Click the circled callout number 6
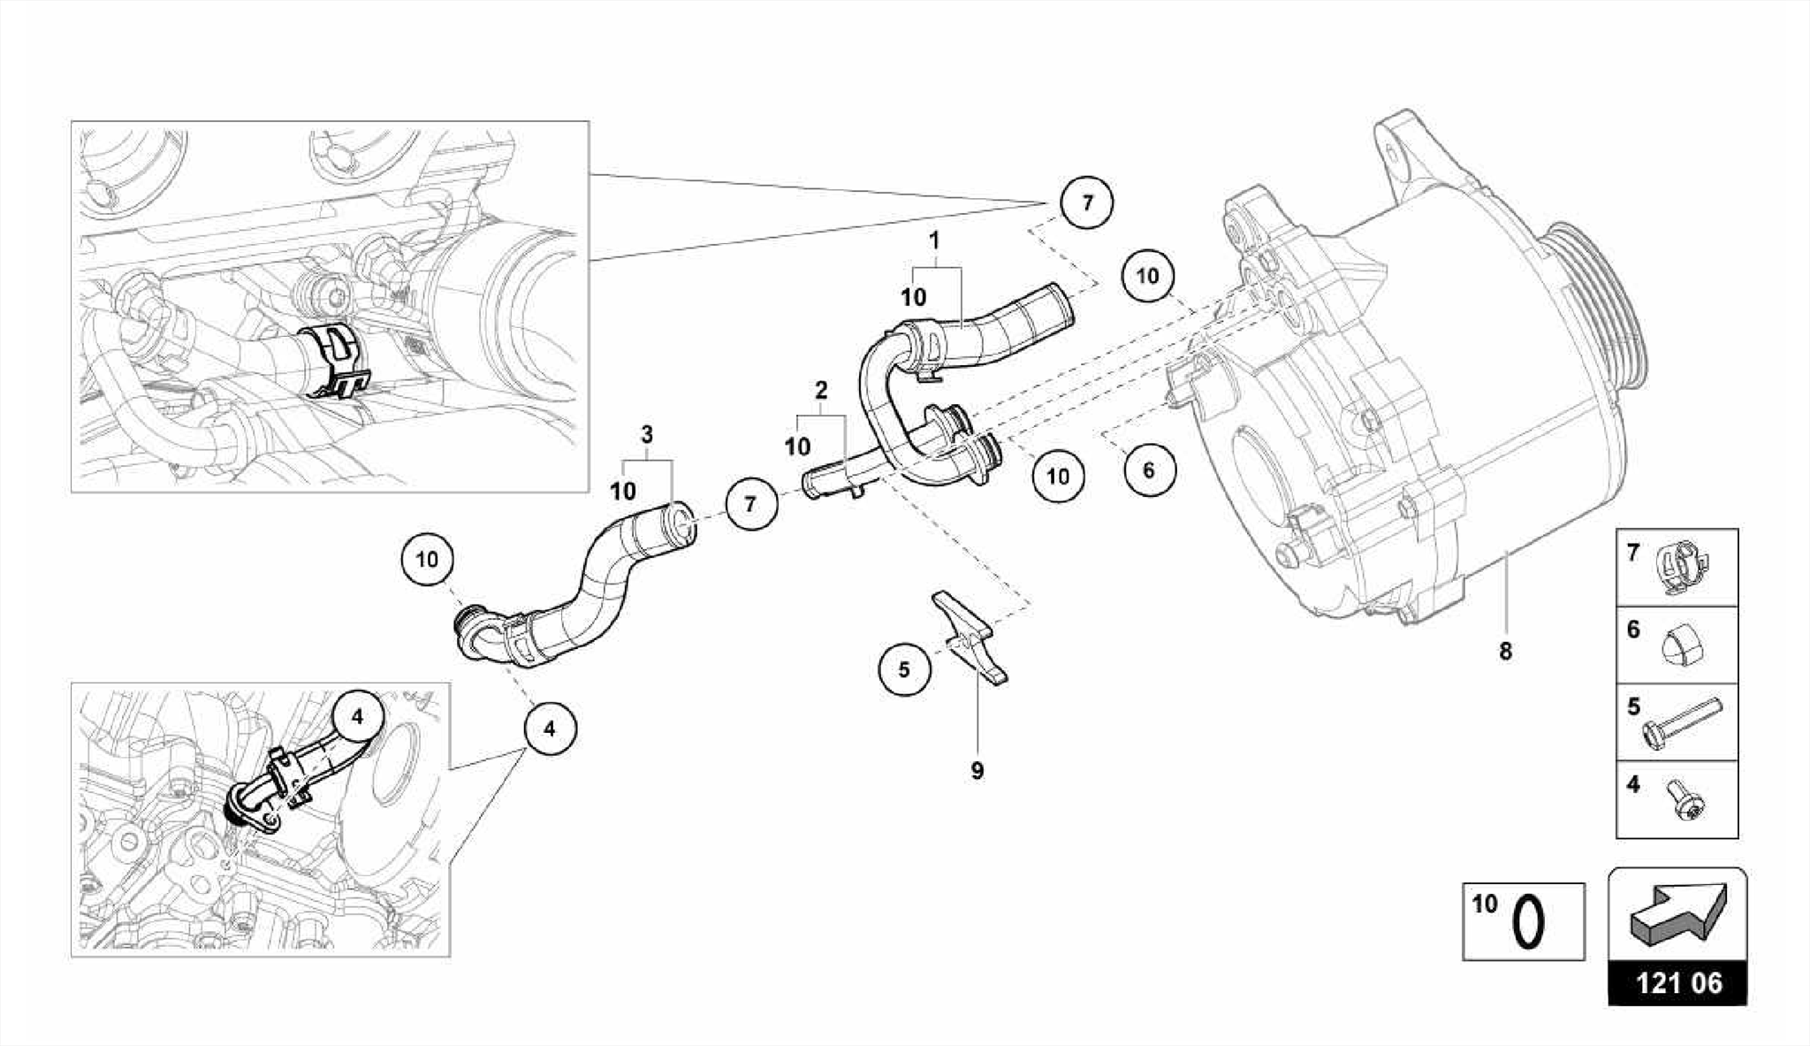coord(1149,470)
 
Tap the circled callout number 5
coord(904,669)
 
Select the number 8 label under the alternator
coord(1505,652)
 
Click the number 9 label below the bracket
coord(977,771)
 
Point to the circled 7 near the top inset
coord(1087,202)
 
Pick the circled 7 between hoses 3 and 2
coord(750,504)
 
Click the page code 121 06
coord(1677,983)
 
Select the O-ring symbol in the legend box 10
coord(1529,923)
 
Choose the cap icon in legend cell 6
coord(1683,647)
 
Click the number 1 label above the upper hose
coord(934,241)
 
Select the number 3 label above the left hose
coord(647,434)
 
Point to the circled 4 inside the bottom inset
coord(357,717)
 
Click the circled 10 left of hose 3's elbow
coord(427,560)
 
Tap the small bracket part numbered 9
coord(970,637)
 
